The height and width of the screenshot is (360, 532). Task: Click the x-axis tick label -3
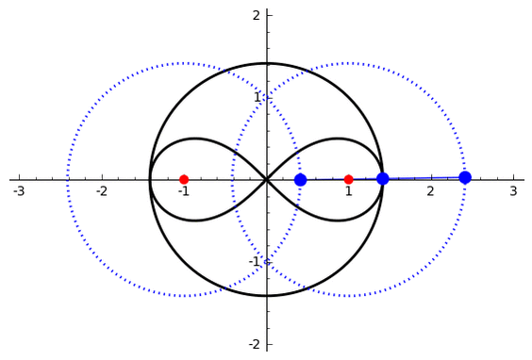pyautogui.click(x=19, y=191)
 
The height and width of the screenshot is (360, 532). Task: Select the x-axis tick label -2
pyautogui.click(x=102, y=191)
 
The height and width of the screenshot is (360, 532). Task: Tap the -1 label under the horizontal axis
pyautogui.click(x=184, y=191)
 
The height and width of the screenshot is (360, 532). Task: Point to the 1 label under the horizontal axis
pyautogui.click(x=349, y=191)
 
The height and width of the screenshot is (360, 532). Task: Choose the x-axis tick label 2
pyautogui.click(x=431, y=191)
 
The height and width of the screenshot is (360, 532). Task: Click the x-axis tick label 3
pyautogui.click(x=514, y=191)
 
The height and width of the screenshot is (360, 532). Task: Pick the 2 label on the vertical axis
pyautogui.click(x=257, y=15)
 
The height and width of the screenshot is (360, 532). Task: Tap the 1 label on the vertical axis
pyautogui.click(x=258, y=98)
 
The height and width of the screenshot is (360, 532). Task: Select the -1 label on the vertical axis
pyautogui.click(x=255, y=262)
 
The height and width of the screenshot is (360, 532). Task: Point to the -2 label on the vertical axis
pyautogui.click(x=255, y=344)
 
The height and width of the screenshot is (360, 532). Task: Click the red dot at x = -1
pyautogui.click(x=184, y=179)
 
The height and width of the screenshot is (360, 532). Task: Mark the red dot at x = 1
pyautogui.click(x=348, y=179)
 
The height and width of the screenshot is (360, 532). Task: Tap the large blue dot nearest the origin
pyautogui.click(x=300, y=180)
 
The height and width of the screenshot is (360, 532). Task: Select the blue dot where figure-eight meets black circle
pyautogui.click(x=383, y=179)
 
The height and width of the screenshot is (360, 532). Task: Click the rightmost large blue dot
pyautogui.click(x=465, y=177)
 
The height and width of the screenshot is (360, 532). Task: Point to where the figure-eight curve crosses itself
pyautogui.click(x=267, y=180)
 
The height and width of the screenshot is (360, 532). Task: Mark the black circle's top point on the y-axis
pyautogui.click(x=267, y=63)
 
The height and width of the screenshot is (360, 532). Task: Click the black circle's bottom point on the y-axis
pyautogui.click(x=267, y=296)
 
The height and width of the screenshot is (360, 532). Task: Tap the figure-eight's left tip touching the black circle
pyautogui.click(x=150, y=180)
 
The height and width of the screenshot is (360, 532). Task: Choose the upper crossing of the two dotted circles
pyautogui.click(x=267, y=98)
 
